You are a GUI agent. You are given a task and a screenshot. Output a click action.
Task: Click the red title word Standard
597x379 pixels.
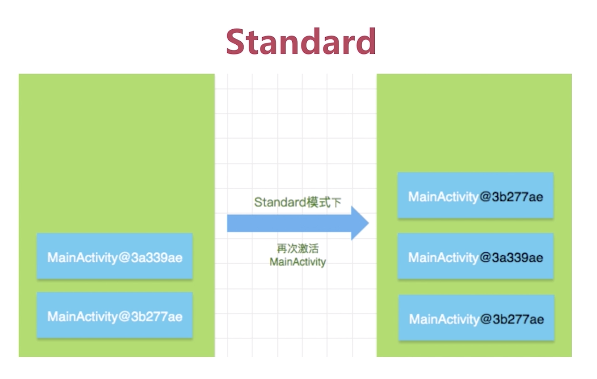[301, 42]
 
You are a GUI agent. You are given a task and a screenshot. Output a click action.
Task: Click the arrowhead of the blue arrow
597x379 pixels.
[360, 223]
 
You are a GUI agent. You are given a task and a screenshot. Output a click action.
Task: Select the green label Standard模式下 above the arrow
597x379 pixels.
[297, 202]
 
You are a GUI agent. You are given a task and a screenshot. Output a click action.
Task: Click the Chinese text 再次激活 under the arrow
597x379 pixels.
[298, 249]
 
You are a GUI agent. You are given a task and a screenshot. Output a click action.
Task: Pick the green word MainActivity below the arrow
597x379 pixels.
[298, 262]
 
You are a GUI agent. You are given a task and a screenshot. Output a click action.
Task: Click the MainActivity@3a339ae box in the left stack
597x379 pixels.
[115, 256]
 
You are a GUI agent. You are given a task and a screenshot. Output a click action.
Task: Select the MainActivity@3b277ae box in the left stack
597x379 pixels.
[115, 315]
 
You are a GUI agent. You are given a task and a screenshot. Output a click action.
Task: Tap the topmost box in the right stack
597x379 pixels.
[475, 195]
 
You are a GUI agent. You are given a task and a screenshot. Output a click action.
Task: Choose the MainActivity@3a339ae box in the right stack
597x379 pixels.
[475, 256]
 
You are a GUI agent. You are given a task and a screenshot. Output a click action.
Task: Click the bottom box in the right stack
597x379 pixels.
[476, 318]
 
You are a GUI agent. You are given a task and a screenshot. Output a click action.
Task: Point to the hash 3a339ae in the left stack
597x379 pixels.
[157, 258]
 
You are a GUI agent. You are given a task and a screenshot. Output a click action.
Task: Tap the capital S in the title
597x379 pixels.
[235, 42]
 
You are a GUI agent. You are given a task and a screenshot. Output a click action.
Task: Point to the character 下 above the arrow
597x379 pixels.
[336, 202]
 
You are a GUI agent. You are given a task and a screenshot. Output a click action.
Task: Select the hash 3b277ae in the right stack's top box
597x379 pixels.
[518, 197]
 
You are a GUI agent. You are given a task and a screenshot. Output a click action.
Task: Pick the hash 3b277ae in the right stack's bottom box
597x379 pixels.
[518, 319]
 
